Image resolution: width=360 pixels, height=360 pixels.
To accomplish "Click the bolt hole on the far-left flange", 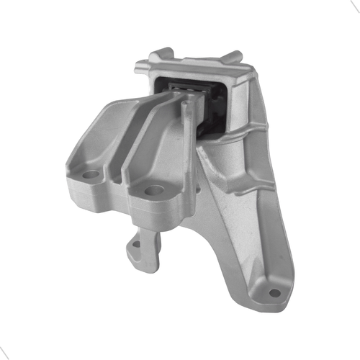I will (89, 174).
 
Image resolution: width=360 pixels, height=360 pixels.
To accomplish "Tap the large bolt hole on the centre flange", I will (154, 191).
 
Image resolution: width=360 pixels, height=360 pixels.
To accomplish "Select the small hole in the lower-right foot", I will (274, 293).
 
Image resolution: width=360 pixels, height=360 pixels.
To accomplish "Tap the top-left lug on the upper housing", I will (163, 55).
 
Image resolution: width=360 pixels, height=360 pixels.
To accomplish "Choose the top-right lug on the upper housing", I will (232, 57).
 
